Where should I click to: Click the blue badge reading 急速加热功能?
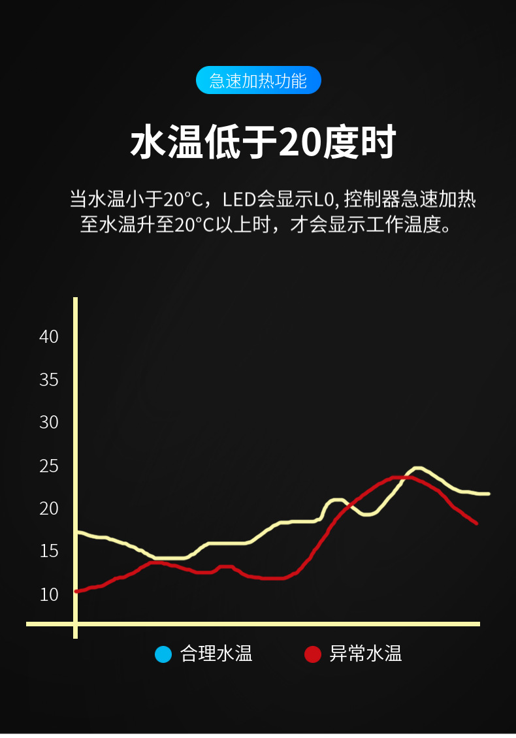click(258, 80)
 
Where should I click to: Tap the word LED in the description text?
click(240, 200)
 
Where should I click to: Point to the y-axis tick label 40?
click(49, 337)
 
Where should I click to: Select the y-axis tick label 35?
click(49, 380)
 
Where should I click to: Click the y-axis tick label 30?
click(49, 422)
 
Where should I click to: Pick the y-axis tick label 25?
click(49, 466)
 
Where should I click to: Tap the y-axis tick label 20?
click(49, 508)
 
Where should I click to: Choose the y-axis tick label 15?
click(49, 551)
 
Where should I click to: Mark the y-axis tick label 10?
click(49, 594)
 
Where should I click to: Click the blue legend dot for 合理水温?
click(163, 654)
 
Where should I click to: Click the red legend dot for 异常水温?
click(313, 654)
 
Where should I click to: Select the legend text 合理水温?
click(216, 654)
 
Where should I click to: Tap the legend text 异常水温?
click(365, 654)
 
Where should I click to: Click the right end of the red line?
click(476, 523)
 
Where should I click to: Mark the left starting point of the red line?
click(76, 591)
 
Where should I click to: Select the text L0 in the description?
click(324, 200)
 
